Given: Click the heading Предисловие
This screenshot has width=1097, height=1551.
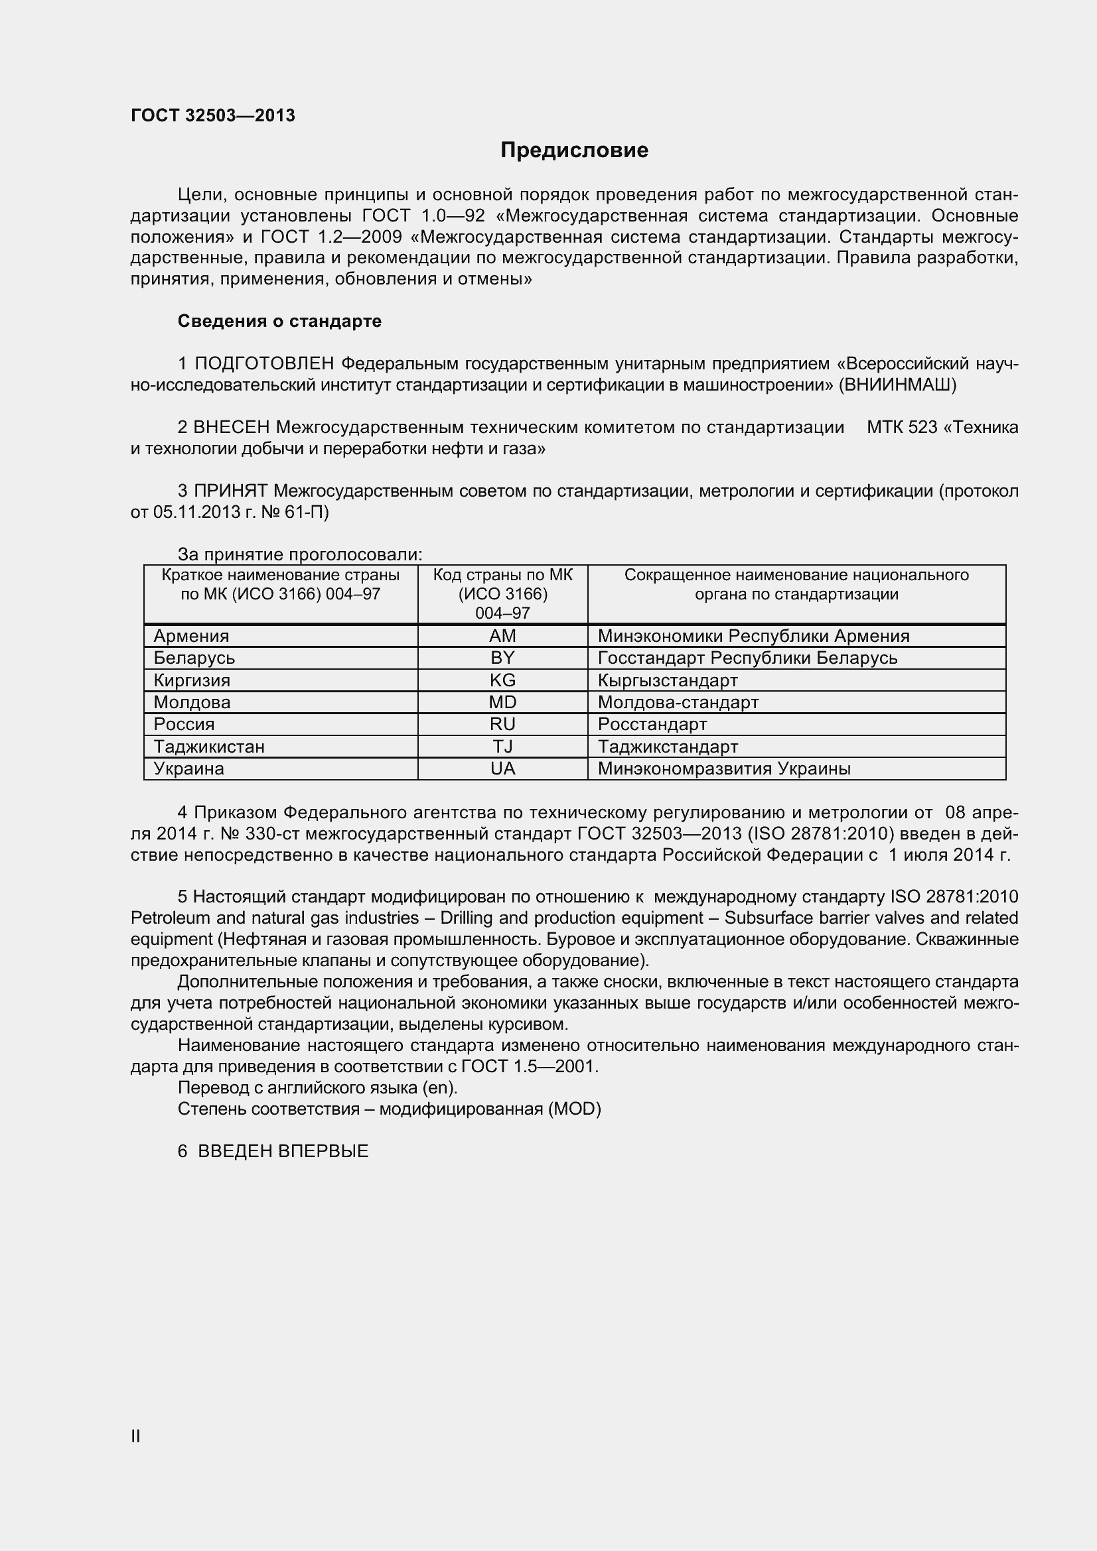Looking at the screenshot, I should (x=574, y=150).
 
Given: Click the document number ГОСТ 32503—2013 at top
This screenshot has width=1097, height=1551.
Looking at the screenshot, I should (x=213, y=115).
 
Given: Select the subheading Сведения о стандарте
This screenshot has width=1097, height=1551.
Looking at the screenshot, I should (x=279, y=321).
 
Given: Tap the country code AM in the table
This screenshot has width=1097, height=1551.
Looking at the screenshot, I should (x=502, y=636).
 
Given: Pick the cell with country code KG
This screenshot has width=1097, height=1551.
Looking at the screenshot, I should (x=502, y=680).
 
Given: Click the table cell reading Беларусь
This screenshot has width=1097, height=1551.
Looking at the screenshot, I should (x=194, y=657).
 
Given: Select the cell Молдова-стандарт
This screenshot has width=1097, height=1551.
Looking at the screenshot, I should (x=678, y=702).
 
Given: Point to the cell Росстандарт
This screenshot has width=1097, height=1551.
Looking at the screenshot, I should (x=652, y=724).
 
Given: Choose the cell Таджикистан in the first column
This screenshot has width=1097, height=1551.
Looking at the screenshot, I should (x=209, y=747).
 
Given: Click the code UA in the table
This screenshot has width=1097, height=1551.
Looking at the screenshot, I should (x=502, y=768).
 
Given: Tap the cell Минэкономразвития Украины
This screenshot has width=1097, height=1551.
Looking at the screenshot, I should (x=724, y=768).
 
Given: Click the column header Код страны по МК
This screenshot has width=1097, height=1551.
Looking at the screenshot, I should (x=502, y=575).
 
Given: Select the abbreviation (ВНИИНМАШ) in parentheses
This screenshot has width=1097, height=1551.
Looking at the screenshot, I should (x=897, y=385).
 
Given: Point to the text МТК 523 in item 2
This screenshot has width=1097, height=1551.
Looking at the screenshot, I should (x=902, y=427).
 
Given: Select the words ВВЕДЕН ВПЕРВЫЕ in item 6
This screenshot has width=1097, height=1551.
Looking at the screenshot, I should (x=283, y=1151).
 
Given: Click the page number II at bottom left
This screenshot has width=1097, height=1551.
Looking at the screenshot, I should (x=135, y=1436).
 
